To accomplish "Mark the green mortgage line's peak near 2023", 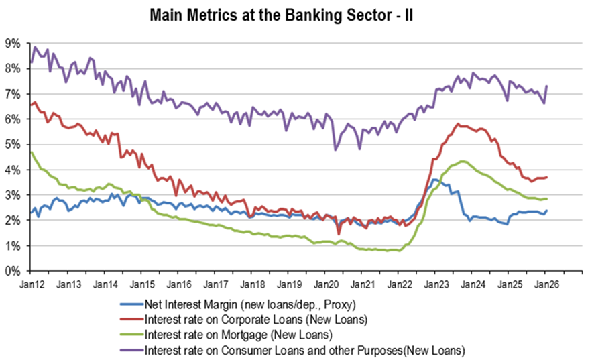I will (x=463, y=161).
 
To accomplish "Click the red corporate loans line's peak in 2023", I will (x=457, y=123).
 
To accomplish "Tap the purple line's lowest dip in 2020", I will (x=335, y=149).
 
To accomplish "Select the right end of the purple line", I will (x=548, y=86).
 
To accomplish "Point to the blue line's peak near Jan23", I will (x=434, y=179).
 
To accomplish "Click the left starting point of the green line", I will (x=31, y=152).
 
